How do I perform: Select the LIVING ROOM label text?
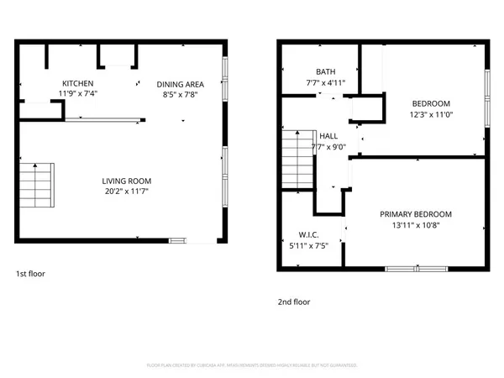click(127, 181)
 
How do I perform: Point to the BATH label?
click(325, 71)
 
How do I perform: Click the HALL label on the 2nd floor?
click(328, 135)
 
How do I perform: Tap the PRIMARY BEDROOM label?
click(415, 214)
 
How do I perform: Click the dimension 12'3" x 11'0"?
click(432, 114)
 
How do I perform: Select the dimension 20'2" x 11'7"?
click(127, 192)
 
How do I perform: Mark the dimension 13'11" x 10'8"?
click(415, 225)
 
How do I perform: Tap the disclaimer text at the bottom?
click(252, 365)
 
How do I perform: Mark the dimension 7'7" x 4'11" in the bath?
click(325, 82)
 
